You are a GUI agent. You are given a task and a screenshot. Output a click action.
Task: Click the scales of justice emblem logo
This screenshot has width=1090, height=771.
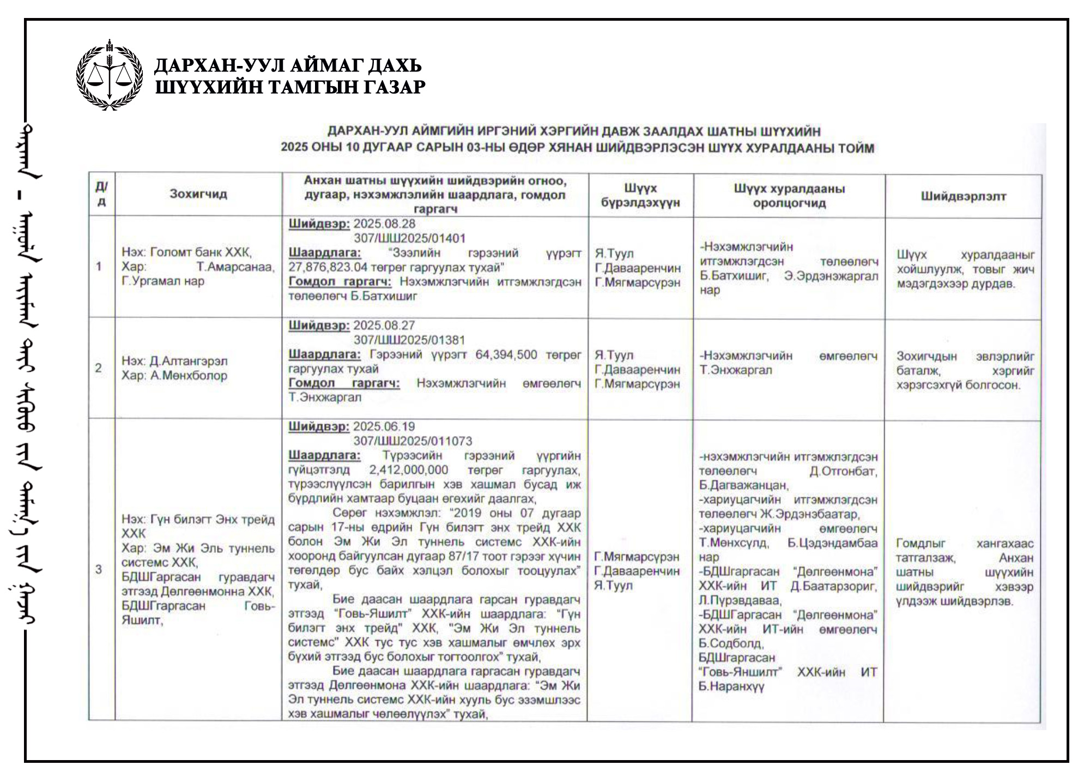[x=110, y=75]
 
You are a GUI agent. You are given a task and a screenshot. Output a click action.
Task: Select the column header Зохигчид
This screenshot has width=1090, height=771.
[x=198, y=194]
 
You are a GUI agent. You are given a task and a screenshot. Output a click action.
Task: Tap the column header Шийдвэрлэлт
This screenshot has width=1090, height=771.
[x=963, y=196]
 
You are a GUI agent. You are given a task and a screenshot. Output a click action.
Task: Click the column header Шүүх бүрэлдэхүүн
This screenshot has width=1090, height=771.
[x=640, y=195]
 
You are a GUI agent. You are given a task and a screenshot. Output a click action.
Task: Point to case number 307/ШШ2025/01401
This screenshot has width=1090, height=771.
[x=409, y=238]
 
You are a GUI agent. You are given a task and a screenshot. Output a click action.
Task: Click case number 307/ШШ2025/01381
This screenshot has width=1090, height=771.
[x=409, y=340]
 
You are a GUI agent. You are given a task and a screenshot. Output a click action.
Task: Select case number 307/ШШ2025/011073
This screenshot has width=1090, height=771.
[x=413, y=441]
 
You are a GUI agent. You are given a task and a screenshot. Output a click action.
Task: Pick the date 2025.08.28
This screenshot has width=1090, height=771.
[x=384, y=224]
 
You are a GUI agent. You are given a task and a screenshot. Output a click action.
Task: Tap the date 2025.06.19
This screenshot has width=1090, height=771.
[x=384, y=426]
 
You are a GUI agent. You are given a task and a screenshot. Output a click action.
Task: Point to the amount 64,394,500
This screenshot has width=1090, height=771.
[x=506, y=354]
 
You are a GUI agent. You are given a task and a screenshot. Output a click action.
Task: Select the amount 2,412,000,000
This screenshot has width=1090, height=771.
[x=408, y=470]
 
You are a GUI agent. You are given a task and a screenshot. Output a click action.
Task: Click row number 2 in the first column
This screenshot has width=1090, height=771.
[x=99, y=368]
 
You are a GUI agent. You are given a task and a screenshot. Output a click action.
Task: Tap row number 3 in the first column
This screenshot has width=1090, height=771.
[x=99, y=570]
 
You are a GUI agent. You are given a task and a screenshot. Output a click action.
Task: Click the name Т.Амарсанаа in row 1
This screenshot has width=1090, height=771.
[x=235, y=267]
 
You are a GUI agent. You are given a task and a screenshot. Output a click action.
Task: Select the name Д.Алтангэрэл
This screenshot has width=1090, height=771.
[x=189, y=361]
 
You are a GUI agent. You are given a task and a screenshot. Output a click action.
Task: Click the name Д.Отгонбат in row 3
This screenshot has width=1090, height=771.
[x=843, y=471]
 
